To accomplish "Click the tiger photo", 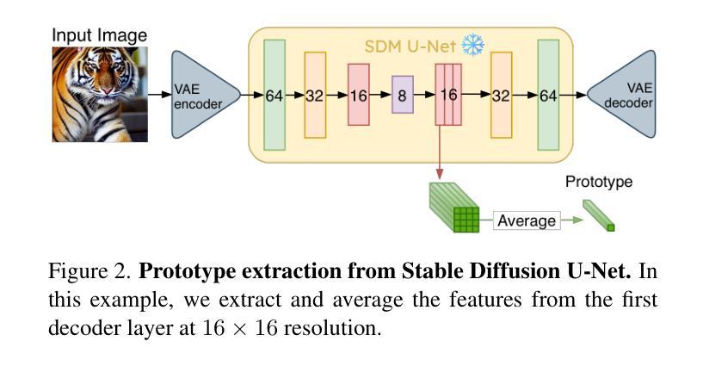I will click(x=100, y=94).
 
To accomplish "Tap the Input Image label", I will click(x=100, y=35).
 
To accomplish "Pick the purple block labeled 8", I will click(x=402, y=96).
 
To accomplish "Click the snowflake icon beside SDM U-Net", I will click(x=472, y=45).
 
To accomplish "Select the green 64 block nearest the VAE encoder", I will click(x=274, y=96).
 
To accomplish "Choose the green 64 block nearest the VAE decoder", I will click(x=548, y=96).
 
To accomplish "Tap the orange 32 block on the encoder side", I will click(x=315, y=96).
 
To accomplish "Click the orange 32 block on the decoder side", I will click(x=502, y=96).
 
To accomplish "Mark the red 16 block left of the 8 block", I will click(x=359, y=96).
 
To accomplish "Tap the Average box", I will click(x=527, y=220).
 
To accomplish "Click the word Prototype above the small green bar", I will click(x=598, y=182).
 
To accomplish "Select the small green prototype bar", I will click(x=599, y=215).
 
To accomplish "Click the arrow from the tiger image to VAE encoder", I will click(x=160, y=95).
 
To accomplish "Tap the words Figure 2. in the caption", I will click(x=91, y=274).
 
